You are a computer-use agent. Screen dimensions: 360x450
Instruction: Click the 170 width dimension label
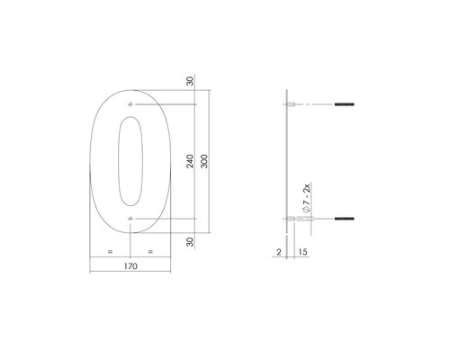click(132, 266)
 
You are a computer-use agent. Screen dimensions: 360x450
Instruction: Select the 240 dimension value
click(190, 163)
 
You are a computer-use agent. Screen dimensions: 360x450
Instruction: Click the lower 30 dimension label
click(190, 241)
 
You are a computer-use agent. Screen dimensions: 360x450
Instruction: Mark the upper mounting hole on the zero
click(132, 107)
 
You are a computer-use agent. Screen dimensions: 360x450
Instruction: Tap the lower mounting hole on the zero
click(132, 219)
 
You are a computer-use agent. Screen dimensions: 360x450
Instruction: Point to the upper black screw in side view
click(343, 107)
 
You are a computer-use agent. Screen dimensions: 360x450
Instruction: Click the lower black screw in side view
click(343, 219)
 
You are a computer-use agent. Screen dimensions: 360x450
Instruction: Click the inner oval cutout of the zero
click(131, 163)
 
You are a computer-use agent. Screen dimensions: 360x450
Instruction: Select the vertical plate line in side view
click(286, 162)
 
